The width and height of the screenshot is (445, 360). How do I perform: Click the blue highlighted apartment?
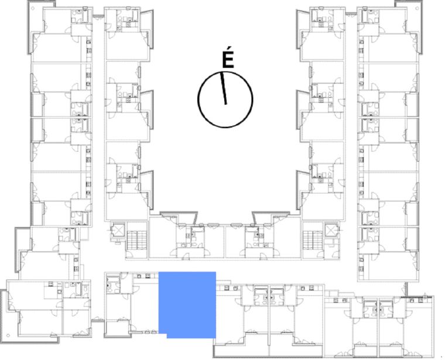pos(187,304)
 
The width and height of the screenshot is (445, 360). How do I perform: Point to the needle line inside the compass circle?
pos(224,88)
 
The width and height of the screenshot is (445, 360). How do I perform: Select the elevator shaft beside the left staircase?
pos(118,231)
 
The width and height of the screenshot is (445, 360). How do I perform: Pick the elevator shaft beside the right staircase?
pos(332,231)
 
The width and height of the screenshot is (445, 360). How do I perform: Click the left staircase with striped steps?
pos(137,240)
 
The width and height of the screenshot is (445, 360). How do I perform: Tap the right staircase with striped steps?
pos(313,240)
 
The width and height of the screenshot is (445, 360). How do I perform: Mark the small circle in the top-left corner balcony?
pos(33,8)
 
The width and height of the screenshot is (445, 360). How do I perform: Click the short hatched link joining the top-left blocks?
pos(98,16)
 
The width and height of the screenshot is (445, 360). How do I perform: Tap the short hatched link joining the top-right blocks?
pos(351,13)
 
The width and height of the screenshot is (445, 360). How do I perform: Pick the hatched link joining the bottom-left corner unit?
pos(97,320)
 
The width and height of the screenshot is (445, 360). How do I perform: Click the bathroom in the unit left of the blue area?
pos(113,284)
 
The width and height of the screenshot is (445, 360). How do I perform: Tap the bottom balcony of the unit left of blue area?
pos(118,328)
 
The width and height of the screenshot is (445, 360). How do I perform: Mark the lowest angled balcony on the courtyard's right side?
pos(302,190)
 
